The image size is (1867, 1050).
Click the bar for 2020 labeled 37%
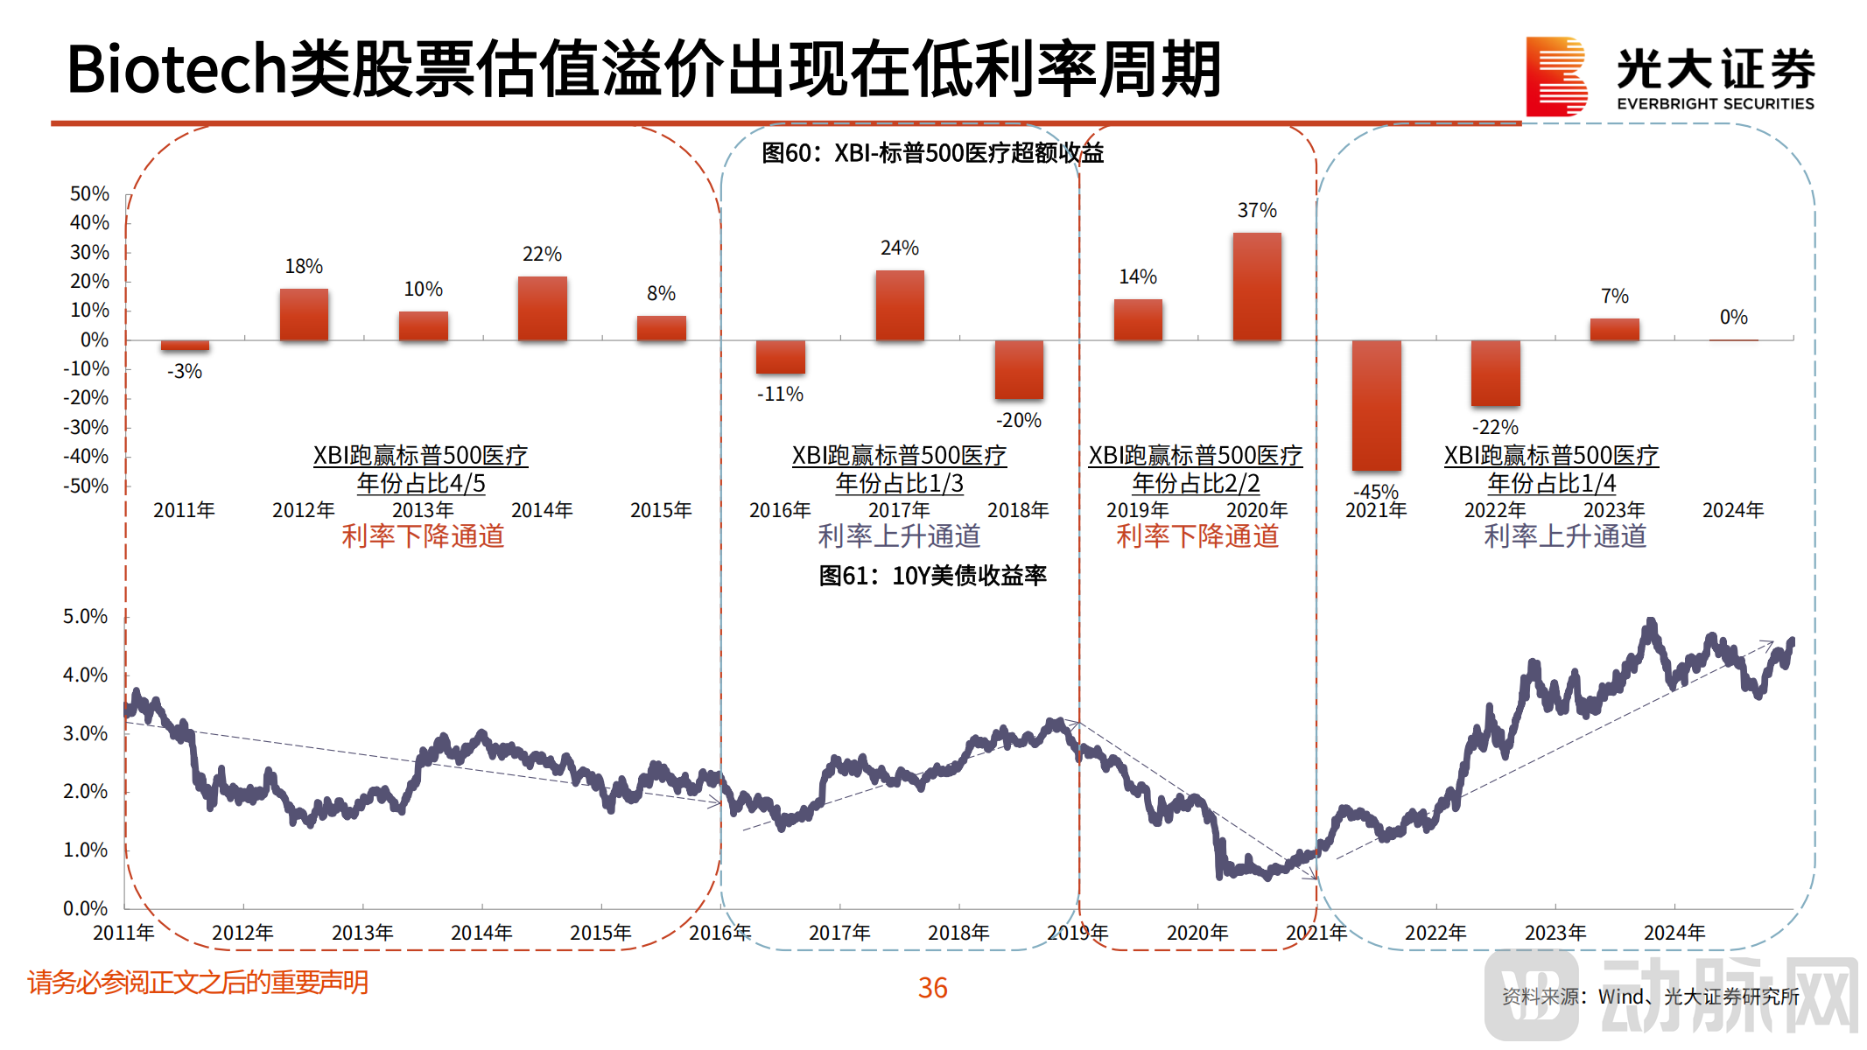point(1257,286)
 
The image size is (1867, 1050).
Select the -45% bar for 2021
point(1376,404)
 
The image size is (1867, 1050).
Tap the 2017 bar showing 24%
point(900,304)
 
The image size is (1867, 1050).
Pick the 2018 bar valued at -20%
point(1019,369)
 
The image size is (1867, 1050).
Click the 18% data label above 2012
point(304,266)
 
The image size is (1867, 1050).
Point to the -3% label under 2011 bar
point(185,371)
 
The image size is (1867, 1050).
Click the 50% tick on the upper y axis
point(89,193)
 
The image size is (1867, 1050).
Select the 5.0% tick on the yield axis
point(85,616)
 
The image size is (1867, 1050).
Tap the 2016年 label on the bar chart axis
point(780,510)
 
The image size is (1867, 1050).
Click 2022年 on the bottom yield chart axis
point(1435,933)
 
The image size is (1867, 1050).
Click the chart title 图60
point(932,153)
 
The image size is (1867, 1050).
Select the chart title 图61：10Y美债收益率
point(932,576)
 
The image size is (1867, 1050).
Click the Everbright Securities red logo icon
point(1555,77)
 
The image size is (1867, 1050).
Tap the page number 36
point(932,988)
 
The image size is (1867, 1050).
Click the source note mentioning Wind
point(1650,997)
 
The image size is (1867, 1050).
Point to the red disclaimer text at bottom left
point(198,983)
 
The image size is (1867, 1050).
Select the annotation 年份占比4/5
point(420,484)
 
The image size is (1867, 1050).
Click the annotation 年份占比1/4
point(1551,484)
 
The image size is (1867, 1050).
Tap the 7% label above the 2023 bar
point(1614,296)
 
